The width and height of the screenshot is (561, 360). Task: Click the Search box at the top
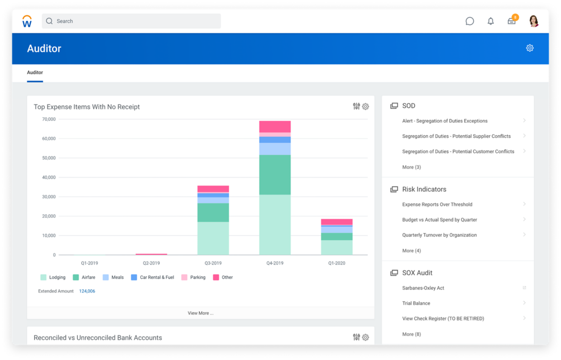131,21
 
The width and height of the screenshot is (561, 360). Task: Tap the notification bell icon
491,21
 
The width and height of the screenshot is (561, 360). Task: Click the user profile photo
534,21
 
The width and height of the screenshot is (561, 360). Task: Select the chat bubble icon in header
470,21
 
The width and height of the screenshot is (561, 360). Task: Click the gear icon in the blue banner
530,48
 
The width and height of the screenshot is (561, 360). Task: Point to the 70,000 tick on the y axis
49,119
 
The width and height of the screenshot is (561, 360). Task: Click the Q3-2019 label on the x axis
213,263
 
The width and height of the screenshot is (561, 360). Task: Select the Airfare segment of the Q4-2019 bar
275,175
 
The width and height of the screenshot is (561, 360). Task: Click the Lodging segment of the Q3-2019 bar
213,238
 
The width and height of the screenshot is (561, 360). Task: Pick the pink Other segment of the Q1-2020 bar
337,222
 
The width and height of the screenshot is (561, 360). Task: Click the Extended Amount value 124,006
87,291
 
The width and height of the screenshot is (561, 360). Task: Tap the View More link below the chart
200,313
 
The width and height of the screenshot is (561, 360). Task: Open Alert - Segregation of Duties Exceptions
445,121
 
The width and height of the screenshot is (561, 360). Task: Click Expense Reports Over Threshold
437,204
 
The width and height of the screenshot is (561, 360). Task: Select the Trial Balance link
416,303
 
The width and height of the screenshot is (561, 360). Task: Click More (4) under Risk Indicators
411,251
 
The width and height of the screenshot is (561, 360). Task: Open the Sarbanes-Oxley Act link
423,288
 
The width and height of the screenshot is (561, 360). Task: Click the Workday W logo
27,21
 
